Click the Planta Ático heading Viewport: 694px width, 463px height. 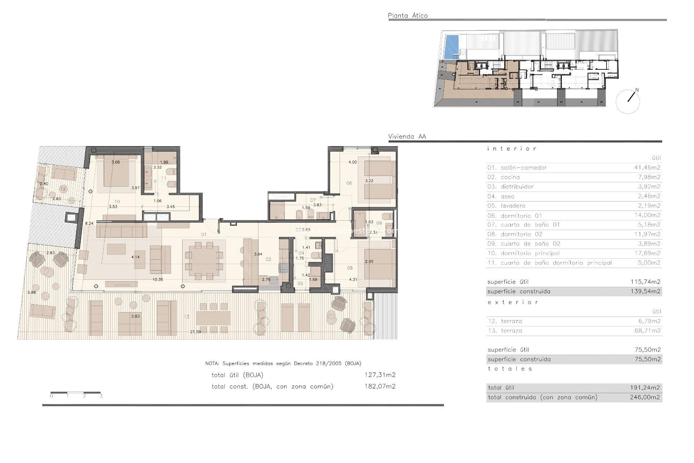tap(407, 16)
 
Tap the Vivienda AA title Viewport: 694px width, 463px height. tap(407, 136)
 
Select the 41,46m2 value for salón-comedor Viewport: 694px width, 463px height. tap(647, 167)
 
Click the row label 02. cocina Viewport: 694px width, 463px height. tap(503, 177)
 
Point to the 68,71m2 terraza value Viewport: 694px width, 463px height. tap(647, 331)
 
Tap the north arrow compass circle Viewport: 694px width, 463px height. tap(628, 102)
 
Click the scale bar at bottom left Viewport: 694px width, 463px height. tap(75, 392)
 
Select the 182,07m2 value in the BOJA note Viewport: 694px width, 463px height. tap(380, 386)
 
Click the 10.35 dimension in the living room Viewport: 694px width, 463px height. tap(158, 280)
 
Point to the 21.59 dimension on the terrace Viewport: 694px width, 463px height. tap(195, 332)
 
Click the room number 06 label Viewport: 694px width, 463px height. tap(349, 183)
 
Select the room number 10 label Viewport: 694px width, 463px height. tap(117, 201)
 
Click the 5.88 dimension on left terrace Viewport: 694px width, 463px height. tap(32, 292)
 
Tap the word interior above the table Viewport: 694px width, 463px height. tap(511, 149)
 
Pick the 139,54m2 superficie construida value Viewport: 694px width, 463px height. tap(645, 291)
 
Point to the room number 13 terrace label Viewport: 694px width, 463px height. tap(187, 317)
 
